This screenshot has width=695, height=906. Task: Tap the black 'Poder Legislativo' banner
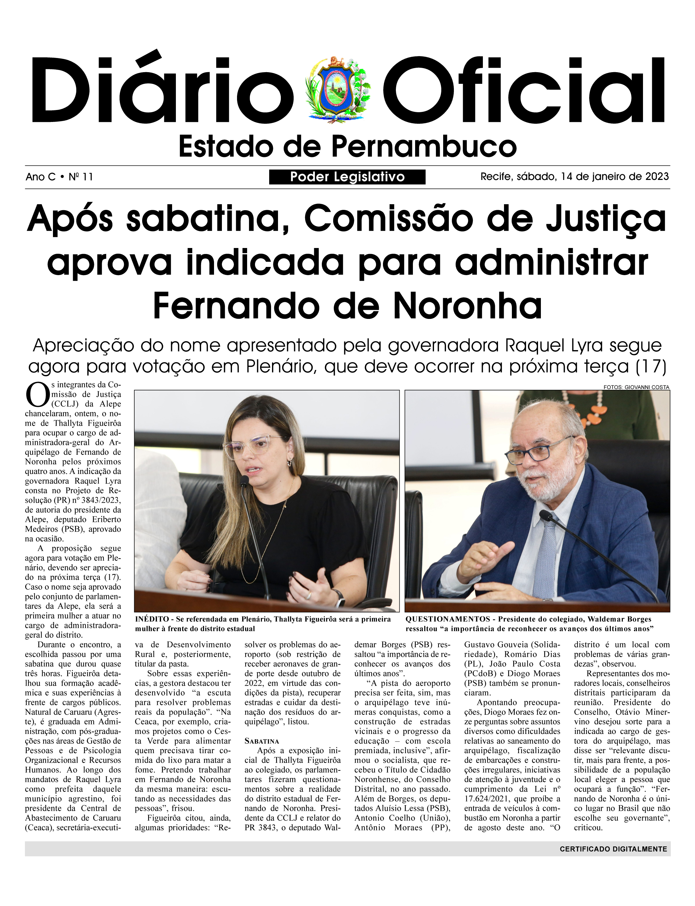pos(347,177)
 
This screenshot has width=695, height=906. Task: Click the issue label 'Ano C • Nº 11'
pos(59,177)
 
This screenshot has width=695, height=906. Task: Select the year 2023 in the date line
pos(657,176)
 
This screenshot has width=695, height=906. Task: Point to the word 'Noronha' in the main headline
pos(467,306)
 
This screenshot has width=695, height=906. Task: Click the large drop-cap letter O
pos(37,395)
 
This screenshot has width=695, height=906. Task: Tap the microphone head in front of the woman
pos(244,481)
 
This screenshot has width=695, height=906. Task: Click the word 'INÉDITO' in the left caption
pos(152,619)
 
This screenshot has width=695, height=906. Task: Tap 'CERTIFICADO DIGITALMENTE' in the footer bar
pos(613,849)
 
